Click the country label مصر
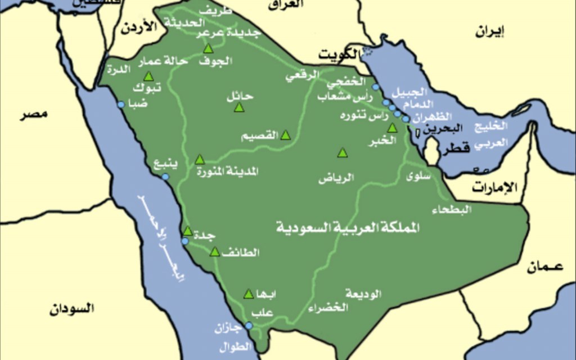[x=34, y=114]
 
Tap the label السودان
[x=71, y=309]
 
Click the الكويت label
[x=339, y=55]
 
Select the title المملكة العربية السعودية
[x=349, y=228]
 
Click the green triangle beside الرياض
[x=343, y=153]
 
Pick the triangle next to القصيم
[x=286, y=135]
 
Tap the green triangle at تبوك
[x=148, y=76]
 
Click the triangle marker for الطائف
[x=214, y=252]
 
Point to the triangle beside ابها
[x=249, y=294]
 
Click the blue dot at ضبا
[x=120, y=105]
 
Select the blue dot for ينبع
[x=165, y=177]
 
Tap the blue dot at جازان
[x=249, y=325]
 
